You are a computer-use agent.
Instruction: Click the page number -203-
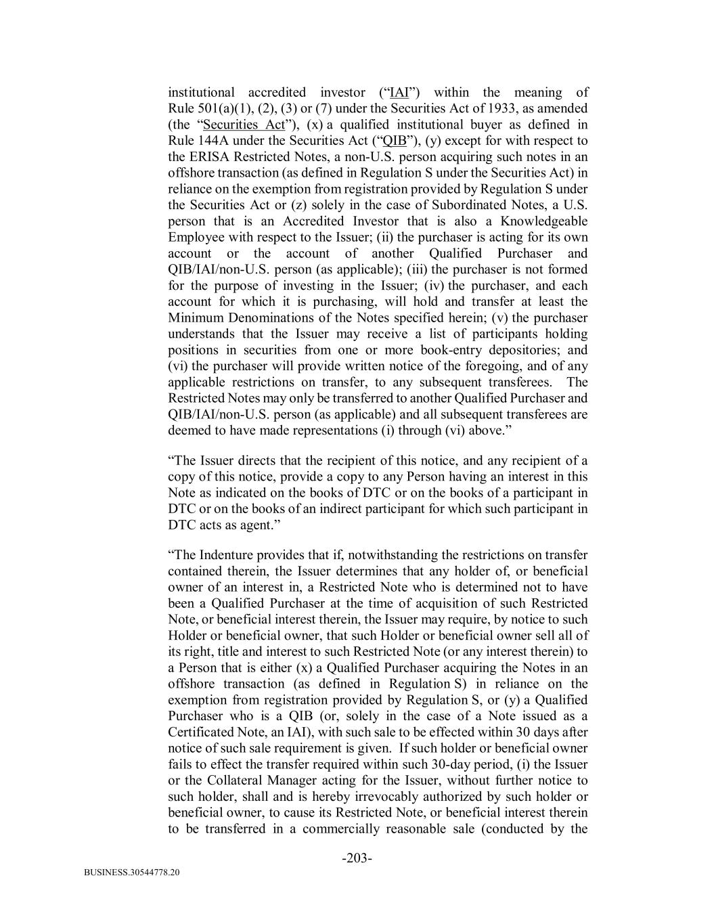click(x=357, y=858)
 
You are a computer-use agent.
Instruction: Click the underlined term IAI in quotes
click(x=399, y=93)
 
